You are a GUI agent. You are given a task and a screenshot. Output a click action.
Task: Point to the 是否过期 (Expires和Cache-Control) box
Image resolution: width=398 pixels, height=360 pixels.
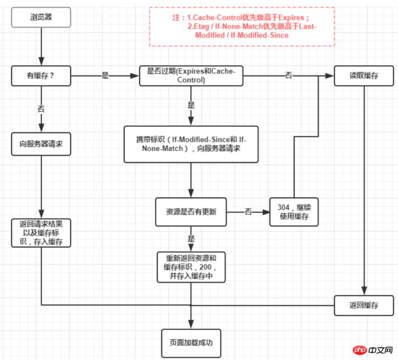point(191,76)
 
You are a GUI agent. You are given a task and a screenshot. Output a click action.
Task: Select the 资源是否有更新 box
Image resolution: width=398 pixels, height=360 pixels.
point(191,212)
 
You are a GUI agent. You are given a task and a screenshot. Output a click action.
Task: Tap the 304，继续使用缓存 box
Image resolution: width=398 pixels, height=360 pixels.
point(294,212)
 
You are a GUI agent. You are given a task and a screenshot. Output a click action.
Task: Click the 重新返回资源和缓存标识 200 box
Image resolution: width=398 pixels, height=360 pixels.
point(191,268)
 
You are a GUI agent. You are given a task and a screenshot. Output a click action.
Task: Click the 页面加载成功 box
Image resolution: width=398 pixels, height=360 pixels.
point(191,343)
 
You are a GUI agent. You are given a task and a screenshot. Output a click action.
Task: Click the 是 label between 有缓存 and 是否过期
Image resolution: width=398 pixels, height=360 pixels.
point(105,76)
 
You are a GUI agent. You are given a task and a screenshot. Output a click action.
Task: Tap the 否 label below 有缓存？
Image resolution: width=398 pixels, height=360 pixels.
point(41,108)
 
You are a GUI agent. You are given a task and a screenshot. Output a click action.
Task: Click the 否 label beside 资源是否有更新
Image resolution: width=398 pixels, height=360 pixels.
point(248,212)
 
